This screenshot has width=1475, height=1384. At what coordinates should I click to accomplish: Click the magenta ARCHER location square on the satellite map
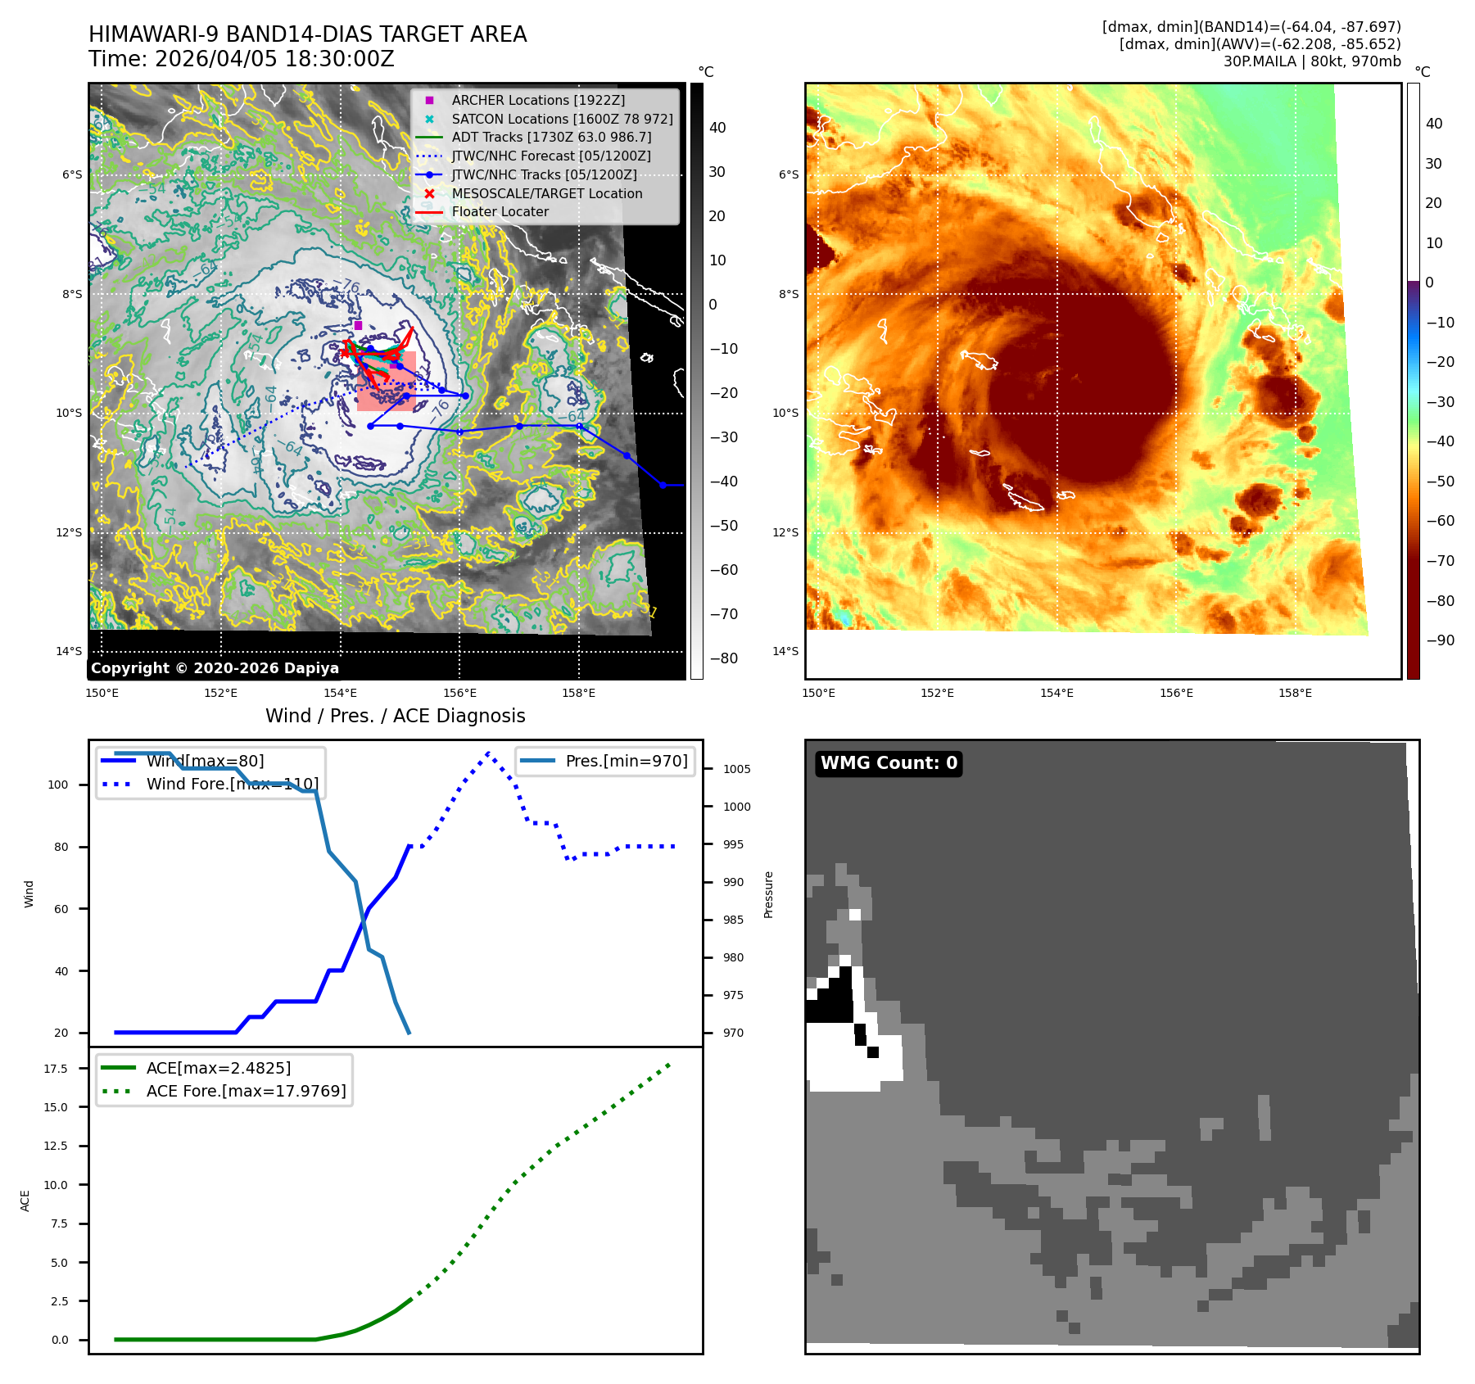tap(358, 325)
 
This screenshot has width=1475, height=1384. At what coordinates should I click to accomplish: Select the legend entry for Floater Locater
tap(500, 212)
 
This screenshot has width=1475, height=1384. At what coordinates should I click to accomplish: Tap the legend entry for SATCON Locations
tap(562, 119)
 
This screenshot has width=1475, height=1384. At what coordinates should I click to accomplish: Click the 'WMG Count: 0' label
tap(889, 763)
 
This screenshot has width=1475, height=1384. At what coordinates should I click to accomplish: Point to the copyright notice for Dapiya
tap(215, 668)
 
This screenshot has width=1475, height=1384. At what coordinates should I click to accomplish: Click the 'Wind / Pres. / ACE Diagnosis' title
tap(395, 716)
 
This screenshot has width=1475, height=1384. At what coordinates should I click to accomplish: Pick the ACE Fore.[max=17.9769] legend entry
tap(246, 1091)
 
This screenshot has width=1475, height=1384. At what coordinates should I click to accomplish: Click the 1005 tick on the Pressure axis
tap(736, 769)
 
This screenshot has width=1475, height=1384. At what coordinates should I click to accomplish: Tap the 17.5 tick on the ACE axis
tap(57, 1069)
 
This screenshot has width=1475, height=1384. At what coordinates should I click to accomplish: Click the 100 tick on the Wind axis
tap(58, 785)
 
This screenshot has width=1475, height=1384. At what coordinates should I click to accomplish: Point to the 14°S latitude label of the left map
tap(69, 652)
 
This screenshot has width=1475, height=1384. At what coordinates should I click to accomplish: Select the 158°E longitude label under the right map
tap(1295, 694)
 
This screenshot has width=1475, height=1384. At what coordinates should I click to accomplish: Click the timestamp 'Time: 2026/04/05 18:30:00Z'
tap(242, 60)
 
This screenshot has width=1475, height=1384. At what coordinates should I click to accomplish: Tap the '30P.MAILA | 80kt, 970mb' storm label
tap(1312, 61)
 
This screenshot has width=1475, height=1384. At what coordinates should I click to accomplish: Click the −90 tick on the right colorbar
tap(1440, 640)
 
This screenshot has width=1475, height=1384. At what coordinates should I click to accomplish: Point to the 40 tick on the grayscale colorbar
tap(717, 128)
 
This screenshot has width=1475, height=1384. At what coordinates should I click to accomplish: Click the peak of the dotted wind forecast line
tap(488, 752)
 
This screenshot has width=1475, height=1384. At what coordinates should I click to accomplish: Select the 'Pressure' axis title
tap(768, 894)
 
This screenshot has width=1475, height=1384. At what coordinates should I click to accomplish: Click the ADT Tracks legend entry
tap(551, 138)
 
